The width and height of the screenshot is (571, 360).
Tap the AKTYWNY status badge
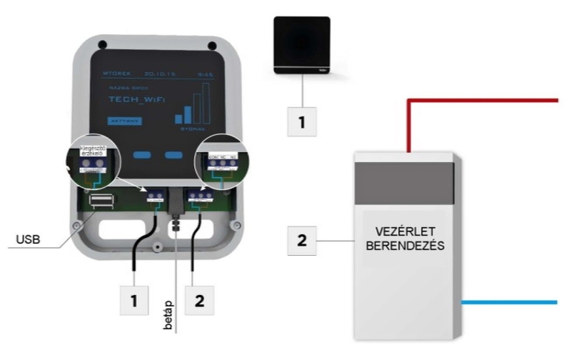123,121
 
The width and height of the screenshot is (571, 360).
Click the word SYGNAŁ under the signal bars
193,128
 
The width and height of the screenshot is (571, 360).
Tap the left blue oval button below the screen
142,154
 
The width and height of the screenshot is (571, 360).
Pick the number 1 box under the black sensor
302,122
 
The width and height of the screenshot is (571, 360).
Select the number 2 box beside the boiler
302,241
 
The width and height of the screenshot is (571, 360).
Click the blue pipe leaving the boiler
510,302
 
